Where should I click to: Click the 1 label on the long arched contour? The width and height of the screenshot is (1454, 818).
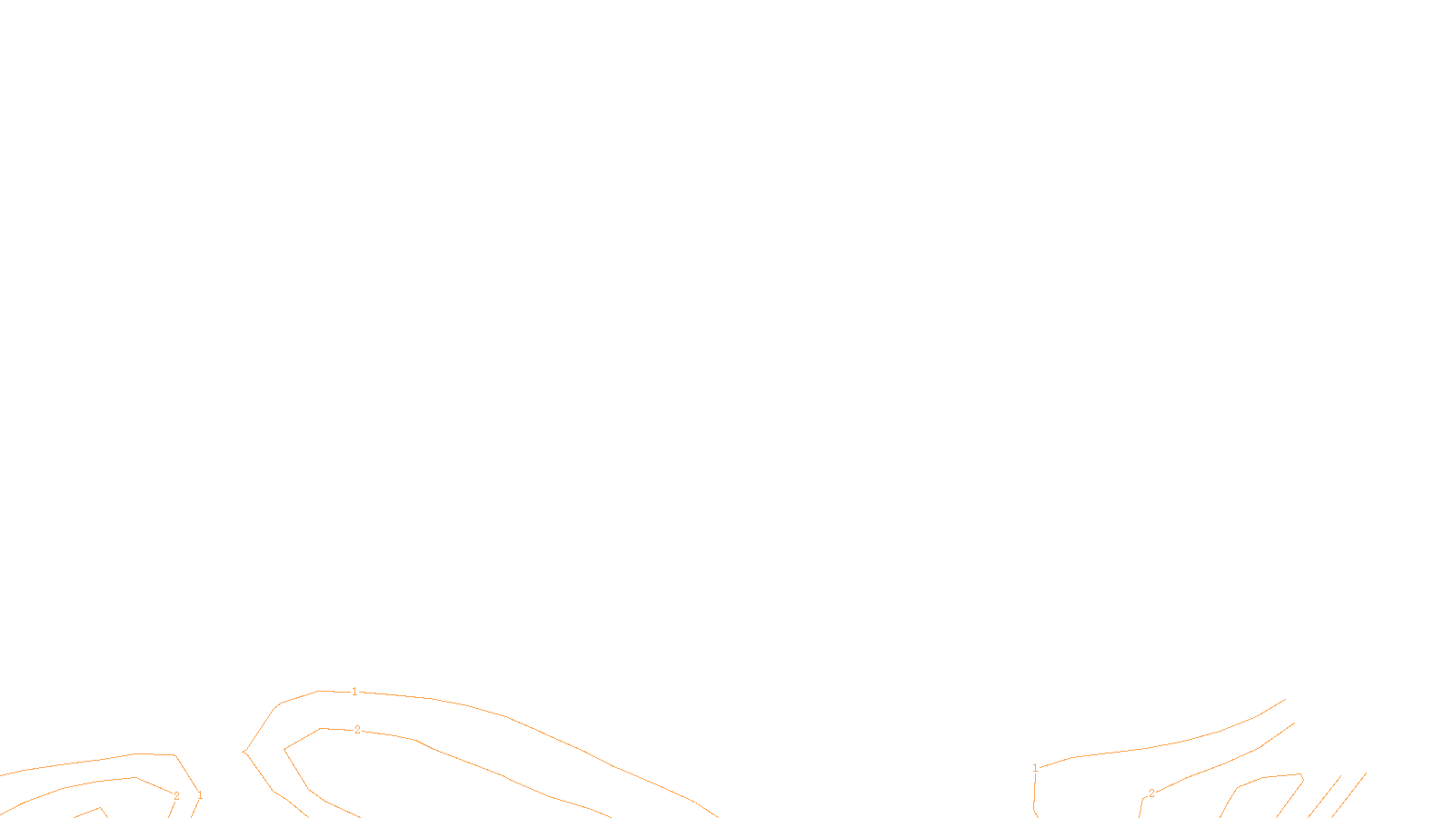pos(354,692)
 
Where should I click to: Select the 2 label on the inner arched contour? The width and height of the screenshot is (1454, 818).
pos(357,730)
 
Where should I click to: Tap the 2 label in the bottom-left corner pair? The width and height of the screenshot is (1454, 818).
pos(176,796)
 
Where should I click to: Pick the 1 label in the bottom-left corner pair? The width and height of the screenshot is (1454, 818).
pos(200,796)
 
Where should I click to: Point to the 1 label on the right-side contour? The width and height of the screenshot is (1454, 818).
pos(1035,768)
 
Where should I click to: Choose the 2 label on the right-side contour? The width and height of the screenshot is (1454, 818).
pos(1151,793)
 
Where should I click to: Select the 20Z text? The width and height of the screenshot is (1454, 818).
pos(689,803)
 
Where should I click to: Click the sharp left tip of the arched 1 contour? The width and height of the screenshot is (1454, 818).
pos(244,752)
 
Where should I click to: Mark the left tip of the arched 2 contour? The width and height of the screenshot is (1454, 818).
pos(284,750)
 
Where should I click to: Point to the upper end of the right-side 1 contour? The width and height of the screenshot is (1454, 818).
pos(1285,699)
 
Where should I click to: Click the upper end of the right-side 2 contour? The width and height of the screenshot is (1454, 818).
pos(1294,723)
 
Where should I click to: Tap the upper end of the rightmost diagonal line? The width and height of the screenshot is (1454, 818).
pos(1366,773)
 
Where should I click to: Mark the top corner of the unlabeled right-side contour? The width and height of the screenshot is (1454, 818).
pos(1300,774)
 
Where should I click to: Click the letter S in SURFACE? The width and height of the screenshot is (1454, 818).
pos(709,803)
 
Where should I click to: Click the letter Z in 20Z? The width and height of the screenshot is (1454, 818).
pos(695,803)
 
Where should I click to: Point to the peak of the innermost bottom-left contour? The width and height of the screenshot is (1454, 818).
pos(100,807)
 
